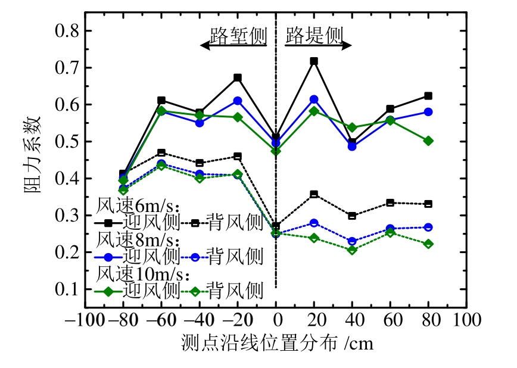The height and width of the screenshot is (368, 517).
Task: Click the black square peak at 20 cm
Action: pyautogui.click(x=314, y=61)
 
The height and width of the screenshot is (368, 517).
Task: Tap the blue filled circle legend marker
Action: pyautogui.click(x=109, y=257)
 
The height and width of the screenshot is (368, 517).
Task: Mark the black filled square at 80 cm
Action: pyautogui.click(x=428, y=96)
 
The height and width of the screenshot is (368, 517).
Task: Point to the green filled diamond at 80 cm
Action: pyautogui.click(x=428, y=141)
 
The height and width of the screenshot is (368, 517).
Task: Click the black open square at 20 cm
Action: pyautogui.click(x=314, y=194)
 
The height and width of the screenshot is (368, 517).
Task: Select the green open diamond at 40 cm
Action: pyautogui.click(x=352, y=250)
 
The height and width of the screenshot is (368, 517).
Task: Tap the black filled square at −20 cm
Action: pyautogui.click(x=238, y=78)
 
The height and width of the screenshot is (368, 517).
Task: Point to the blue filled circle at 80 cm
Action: pyautogui.click(x=428, y=112)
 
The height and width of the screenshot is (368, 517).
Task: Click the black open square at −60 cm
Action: pyautogui.click(x=161, y=153)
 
